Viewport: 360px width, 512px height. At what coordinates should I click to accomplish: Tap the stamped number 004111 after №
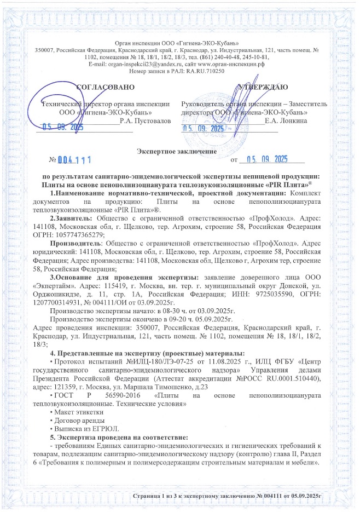coord(74,160)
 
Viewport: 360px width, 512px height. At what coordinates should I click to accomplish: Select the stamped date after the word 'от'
coord(267,159)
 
